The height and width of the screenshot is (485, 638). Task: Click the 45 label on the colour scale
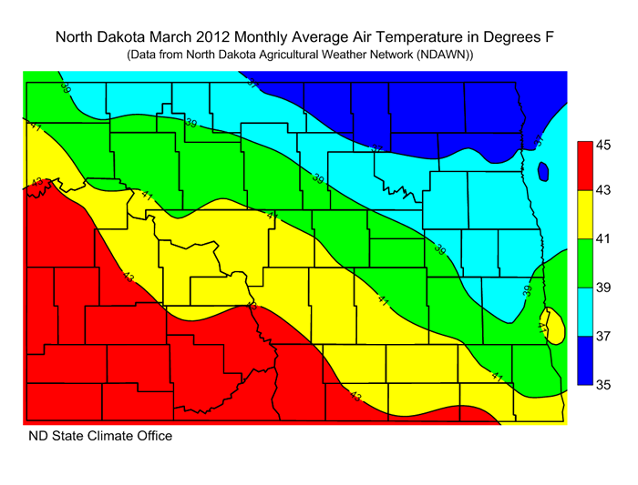tap(603, 144)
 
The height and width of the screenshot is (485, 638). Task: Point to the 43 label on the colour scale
tap(603, 192)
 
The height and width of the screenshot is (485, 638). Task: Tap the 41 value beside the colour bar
tap(603, 240)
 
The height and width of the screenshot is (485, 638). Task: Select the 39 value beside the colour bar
tap(603, 288)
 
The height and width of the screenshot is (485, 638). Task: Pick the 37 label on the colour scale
tap(603, 337)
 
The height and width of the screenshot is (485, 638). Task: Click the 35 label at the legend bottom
tap(603, 385)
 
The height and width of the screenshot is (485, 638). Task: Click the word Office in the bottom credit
tap(152, 436)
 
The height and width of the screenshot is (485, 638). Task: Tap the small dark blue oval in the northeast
tap(543, 171)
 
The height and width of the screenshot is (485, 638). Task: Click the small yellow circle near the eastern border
tap(548, 326)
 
